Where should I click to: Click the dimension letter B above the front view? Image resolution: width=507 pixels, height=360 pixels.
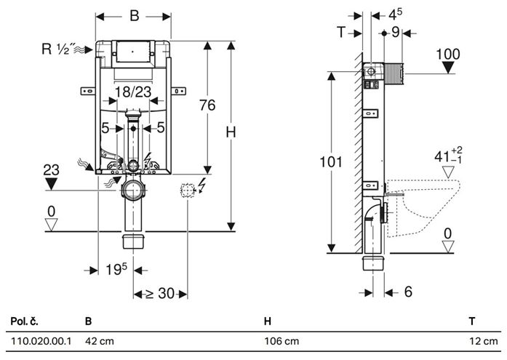pyautogui.click(x=134, y=15)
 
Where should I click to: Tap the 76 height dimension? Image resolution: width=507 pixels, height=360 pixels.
pyautogui.click(x=207, y=105)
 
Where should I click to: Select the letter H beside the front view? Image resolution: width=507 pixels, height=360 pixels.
pyautogui.click(x=231, y=132)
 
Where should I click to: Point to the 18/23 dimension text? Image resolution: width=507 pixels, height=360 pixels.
pyautogui.click(x=133, y=92)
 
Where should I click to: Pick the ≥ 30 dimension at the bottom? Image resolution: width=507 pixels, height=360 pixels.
pyautogui.click(x=160, y=293)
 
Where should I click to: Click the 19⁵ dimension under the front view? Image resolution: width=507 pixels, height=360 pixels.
pyautogui.click(x=116, y=269)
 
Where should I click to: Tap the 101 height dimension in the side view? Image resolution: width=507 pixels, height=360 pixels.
pyautogui.click(x=330, y=162)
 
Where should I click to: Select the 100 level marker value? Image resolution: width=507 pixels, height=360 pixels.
pyautogui.click(x=448, y=55)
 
